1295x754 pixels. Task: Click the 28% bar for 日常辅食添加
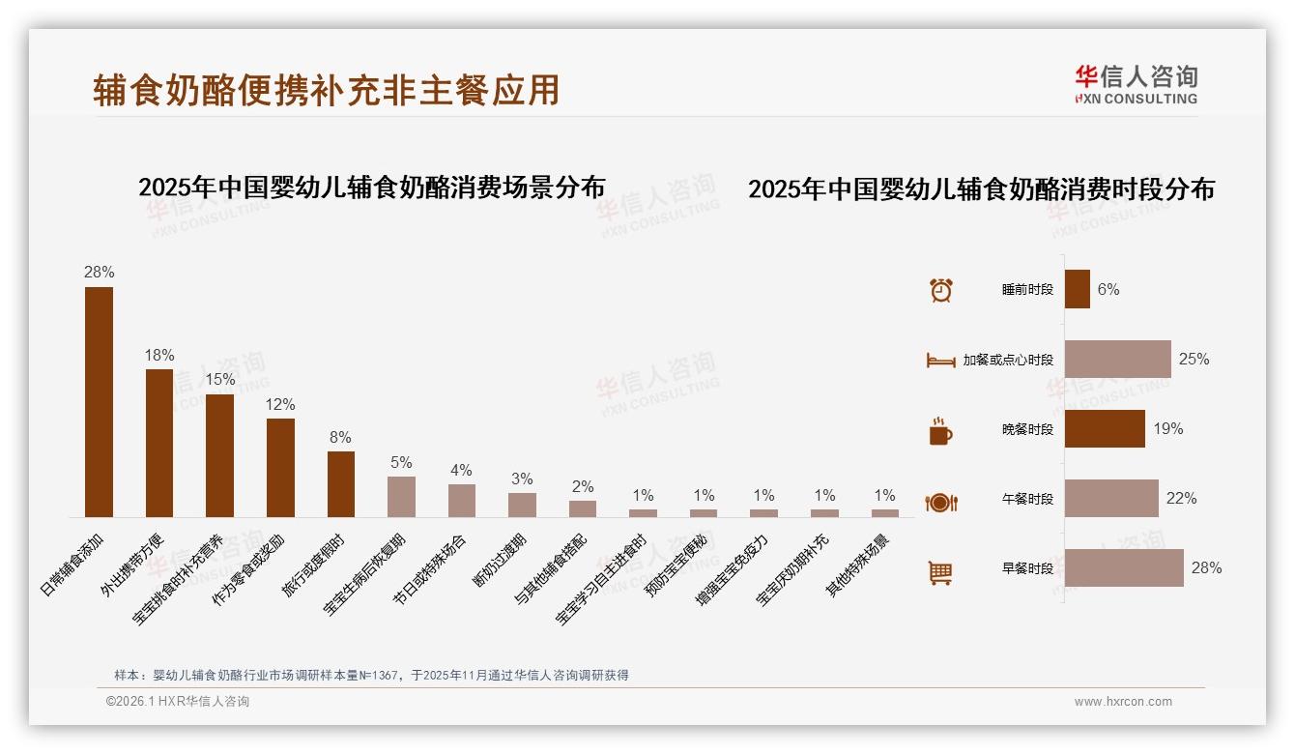point(99,402)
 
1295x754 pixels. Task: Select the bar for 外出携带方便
point(159,443)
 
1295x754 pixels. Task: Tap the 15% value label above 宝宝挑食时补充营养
point(219,379)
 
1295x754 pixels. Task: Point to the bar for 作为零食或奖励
point(280,468)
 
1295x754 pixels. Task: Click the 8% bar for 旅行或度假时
point(341,484)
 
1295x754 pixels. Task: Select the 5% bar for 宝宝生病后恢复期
point(401,497)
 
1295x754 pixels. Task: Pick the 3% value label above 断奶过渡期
point(522,478)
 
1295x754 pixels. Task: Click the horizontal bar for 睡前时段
point(1077,289)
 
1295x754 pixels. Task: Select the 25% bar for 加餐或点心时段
point(1117,359)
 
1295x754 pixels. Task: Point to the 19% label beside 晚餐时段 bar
point(1167,428)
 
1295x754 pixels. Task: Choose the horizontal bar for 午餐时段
point(1111,499)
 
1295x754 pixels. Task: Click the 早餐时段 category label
point(1027,568)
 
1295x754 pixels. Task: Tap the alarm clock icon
point(940,290)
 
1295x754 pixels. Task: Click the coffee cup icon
point(940,431)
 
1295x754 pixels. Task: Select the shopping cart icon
point(940,572)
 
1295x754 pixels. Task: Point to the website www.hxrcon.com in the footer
point(1123,702)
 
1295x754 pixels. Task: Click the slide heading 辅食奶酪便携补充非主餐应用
point(327,90)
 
